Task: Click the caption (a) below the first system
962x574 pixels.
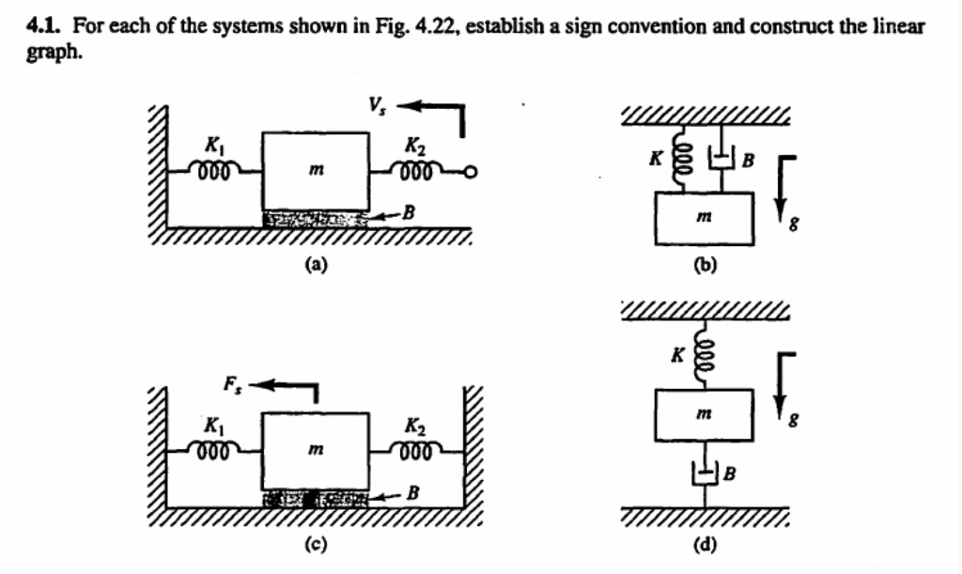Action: click(x=318, y=265)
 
